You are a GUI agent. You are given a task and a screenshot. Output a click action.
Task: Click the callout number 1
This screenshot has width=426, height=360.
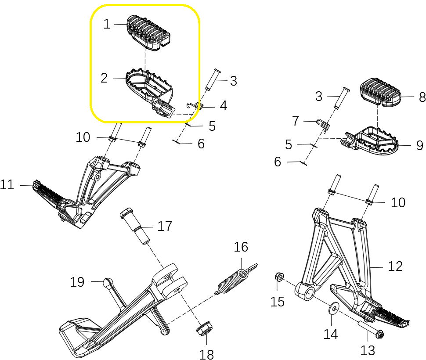pos(107,24)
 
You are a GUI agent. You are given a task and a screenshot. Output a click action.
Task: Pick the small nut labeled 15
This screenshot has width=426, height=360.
pos(278,277)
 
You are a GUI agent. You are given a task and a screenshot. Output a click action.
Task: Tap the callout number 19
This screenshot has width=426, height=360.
pos(77,282)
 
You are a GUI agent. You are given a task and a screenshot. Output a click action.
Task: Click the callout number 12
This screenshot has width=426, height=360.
pos(395,266)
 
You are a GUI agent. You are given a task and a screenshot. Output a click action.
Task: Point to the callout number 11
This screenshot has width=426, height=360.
pos(7,185)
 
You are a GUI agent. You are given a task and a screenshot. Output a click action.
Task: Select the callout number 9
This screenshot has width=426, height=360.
pos(419,145)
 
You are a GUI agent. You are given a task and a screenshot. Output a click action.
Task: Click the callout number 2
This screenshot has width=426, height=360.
pos(104,78)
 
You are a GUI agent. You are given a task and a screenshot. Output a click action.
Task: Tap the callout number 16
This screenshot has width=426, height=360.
pos(241,247)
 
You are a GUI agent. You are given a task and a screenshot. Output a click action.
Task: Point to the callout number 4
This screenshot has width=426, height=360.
pos(224,106)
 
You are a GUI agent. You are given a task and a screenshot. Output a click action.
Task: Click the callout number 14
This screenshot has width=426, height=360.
pos(331,334)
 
